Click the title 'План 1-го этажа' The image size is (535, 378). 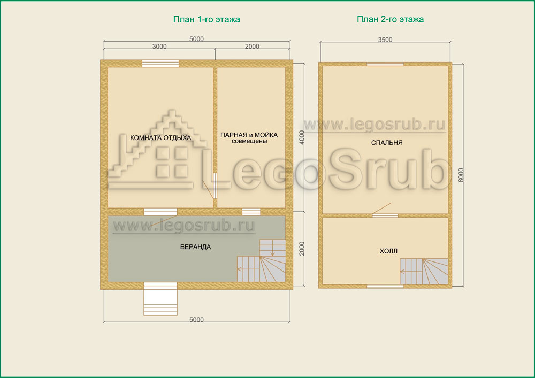(x=207, y=19)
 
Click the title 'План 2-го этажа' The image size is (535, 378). (x=391, y=19)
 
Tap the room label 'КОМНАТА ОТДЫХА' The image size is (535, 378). (x=160, y=138)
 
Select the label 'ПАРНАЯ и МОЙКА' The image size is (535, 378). (x=249, y=135)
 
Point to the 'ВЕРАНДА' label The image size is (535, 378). (x=195, y=247)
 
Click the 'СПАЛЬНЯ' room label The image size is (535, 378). (x=387, y=143)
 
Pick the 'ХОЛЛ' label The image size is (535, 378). (x=388, y=251)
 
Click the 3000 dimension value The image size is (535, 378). (x=159, y=47)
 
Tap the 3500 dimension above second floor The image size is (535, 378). (x=385, y=40)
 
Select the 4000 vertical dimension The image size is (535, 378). (x=302, y=137)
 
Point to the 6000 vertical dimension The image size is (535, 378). (x=461, y=175)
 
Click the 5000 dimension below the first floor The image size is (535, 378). (x=196, y=319)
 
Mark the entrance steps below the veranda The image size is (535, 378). (x=160, y=299)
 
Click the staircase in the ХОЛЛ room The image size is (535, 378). (x=424, y=271)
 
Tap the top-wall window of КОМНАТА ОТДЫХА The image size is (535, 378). (x=160, y=64)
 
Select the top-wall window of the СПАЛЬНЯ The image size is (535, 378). (x=385, y=64)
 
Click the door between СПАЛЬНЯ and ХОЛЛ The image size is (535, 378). (x=385, y=215)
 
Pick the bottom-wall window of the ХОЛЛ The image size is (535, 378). (x=385, y=287)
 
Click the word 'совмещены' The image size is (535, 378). (x=249, y=141)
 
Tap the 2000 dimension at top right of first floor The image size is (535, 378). (x=252, y=47)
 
